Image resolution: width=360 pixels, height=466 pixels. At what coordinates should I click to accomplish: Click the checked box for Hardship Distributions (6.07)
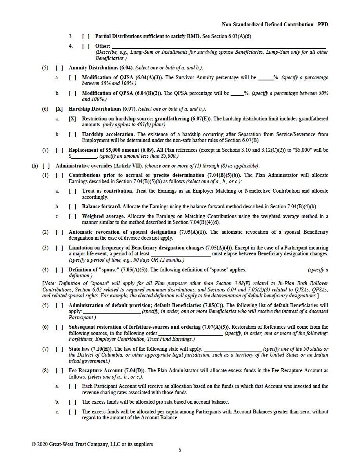[59, 109]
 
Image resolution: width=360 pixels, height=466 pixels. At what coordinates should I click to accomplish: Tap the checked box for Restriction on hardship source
[73, 118]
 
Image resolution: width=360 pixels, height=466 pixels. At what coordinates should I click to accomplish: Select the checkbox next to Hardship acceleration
[73, 134]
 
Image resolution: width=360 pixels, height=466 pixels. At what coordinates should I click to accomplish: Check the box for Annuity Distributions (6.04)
[59, 67]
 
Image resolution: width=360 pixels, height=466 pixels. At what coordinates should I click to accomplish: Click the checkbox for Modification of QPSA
[73, 93]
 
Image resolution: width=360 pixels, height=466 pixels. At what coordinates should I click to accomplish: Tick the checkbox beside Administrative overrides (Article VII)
[46, 166]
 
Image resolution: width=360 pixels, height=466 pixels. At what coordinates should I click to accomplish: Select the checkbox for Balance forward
[73, 206]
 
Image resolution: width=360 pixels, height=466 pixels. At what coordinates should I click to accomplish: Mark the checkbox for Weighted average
[73, 216]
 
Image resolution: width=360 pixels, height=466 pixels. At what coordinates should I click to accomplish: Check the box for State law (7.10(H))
[59, 349]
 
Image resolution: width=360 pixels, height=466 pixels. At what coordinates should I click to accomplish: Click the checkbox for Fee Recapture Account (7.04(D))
[59, 370]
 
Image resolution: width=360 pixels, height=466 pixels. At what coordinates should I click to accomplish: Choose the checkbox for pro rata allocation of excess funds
[73, 402]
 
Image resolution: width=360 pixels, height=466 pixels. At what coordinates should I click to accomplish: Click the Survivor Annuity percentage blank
[265, 78]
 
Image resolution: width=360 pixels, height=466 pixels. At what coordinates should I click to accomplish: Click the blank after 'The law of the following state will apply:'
[233, 349]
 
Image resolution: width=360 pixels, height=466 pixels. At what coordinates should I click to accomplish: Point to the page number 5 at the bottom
[180, 450]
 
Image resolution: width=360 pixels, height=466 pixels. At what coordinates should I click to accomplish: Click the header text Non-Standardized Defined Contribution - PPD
[275, 25]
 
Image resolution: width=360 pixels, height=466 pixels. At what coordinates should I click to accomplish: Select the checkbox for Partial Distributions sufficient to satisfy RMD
[86, 36]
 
